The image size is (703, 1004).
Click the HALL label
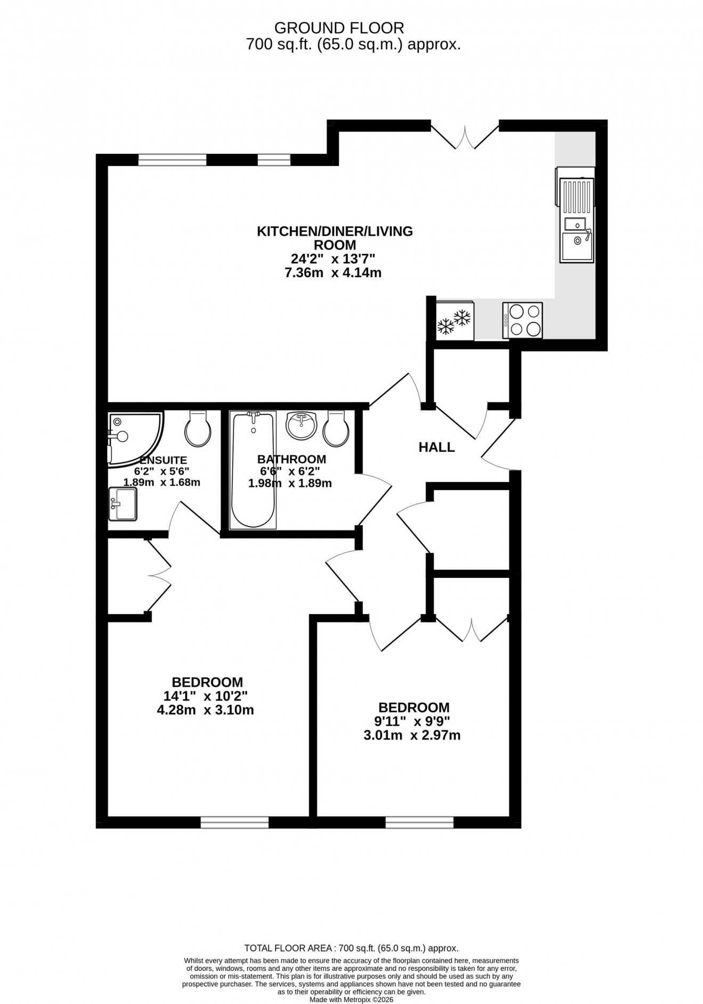click(x=437, y=447)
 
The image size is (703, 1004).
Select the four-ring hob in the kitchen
click(x=522, y=320)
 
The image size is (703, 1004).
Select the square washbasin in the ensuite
click(x=122, y=504)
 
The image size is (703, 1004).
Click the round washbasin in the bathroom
click(x=301, y=425)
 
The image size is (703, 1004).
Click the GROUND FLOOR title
click(x=339, y=28)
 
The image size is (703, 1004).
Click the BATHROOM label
click(x=291, y=459)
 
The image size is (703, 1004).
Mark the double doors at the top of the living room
click(x=465, y=137)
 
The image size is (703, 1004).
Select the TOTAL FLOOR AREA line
click(x=351, y=948)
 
